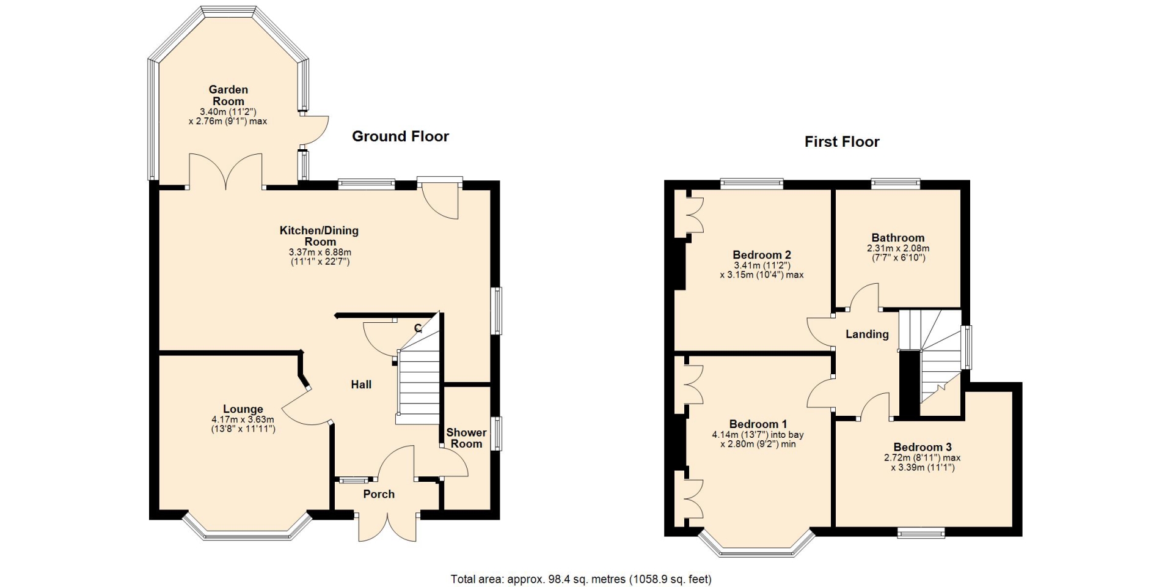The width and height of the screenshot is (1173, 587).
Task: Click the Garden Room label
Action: click(x=228, y=95)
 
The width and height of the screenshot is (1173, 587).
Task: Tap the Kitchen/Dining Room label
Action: click(x=320, y=236)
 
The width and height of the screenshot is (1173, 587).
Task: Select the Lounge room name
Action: click(x=243, y=409)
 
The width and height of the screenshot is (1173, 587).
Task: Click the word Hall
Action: click(x=361, y=385)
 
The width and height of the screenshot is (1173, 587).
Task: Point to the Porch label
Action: click(x=379, y=494)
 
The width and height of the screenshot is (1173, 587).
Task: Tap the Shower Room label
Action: click(x=466, y=438)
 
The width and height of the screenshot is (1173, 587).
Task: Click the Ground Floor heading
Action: click(x=400, y=136)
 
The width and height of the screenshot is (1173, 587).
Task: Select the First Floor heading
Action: click(x=842, y=142)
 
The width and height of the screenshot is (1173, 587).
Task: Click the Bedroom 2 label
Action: click(x=762, y=255)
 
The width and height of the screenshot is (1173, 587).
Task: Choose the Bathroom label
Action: click(x=898, y=238)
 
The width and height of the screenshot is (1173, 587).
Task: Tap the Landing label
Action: click(x=867, y=334)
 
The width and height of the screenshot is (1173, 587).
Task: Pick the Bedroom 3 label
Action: click(x=923, y=447)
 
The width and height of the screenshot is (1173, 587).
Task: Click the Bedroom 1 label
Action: click(x=758, y=424)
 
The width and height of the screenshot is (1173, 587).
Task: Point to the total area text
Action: click(x=581, y=579)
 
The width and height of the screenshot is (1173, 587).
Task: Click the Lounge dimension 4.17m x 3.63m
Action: click(x=243, y=419)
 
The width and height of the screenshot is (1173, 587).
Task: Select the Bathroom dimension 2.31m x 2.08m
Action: click(x=898, y=248)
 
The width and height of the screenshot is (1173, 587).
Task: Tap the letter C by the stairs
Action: click(x=418, y=328)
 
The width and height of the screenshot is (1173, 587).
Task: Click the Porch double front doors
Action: click(x=388, y=527)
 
